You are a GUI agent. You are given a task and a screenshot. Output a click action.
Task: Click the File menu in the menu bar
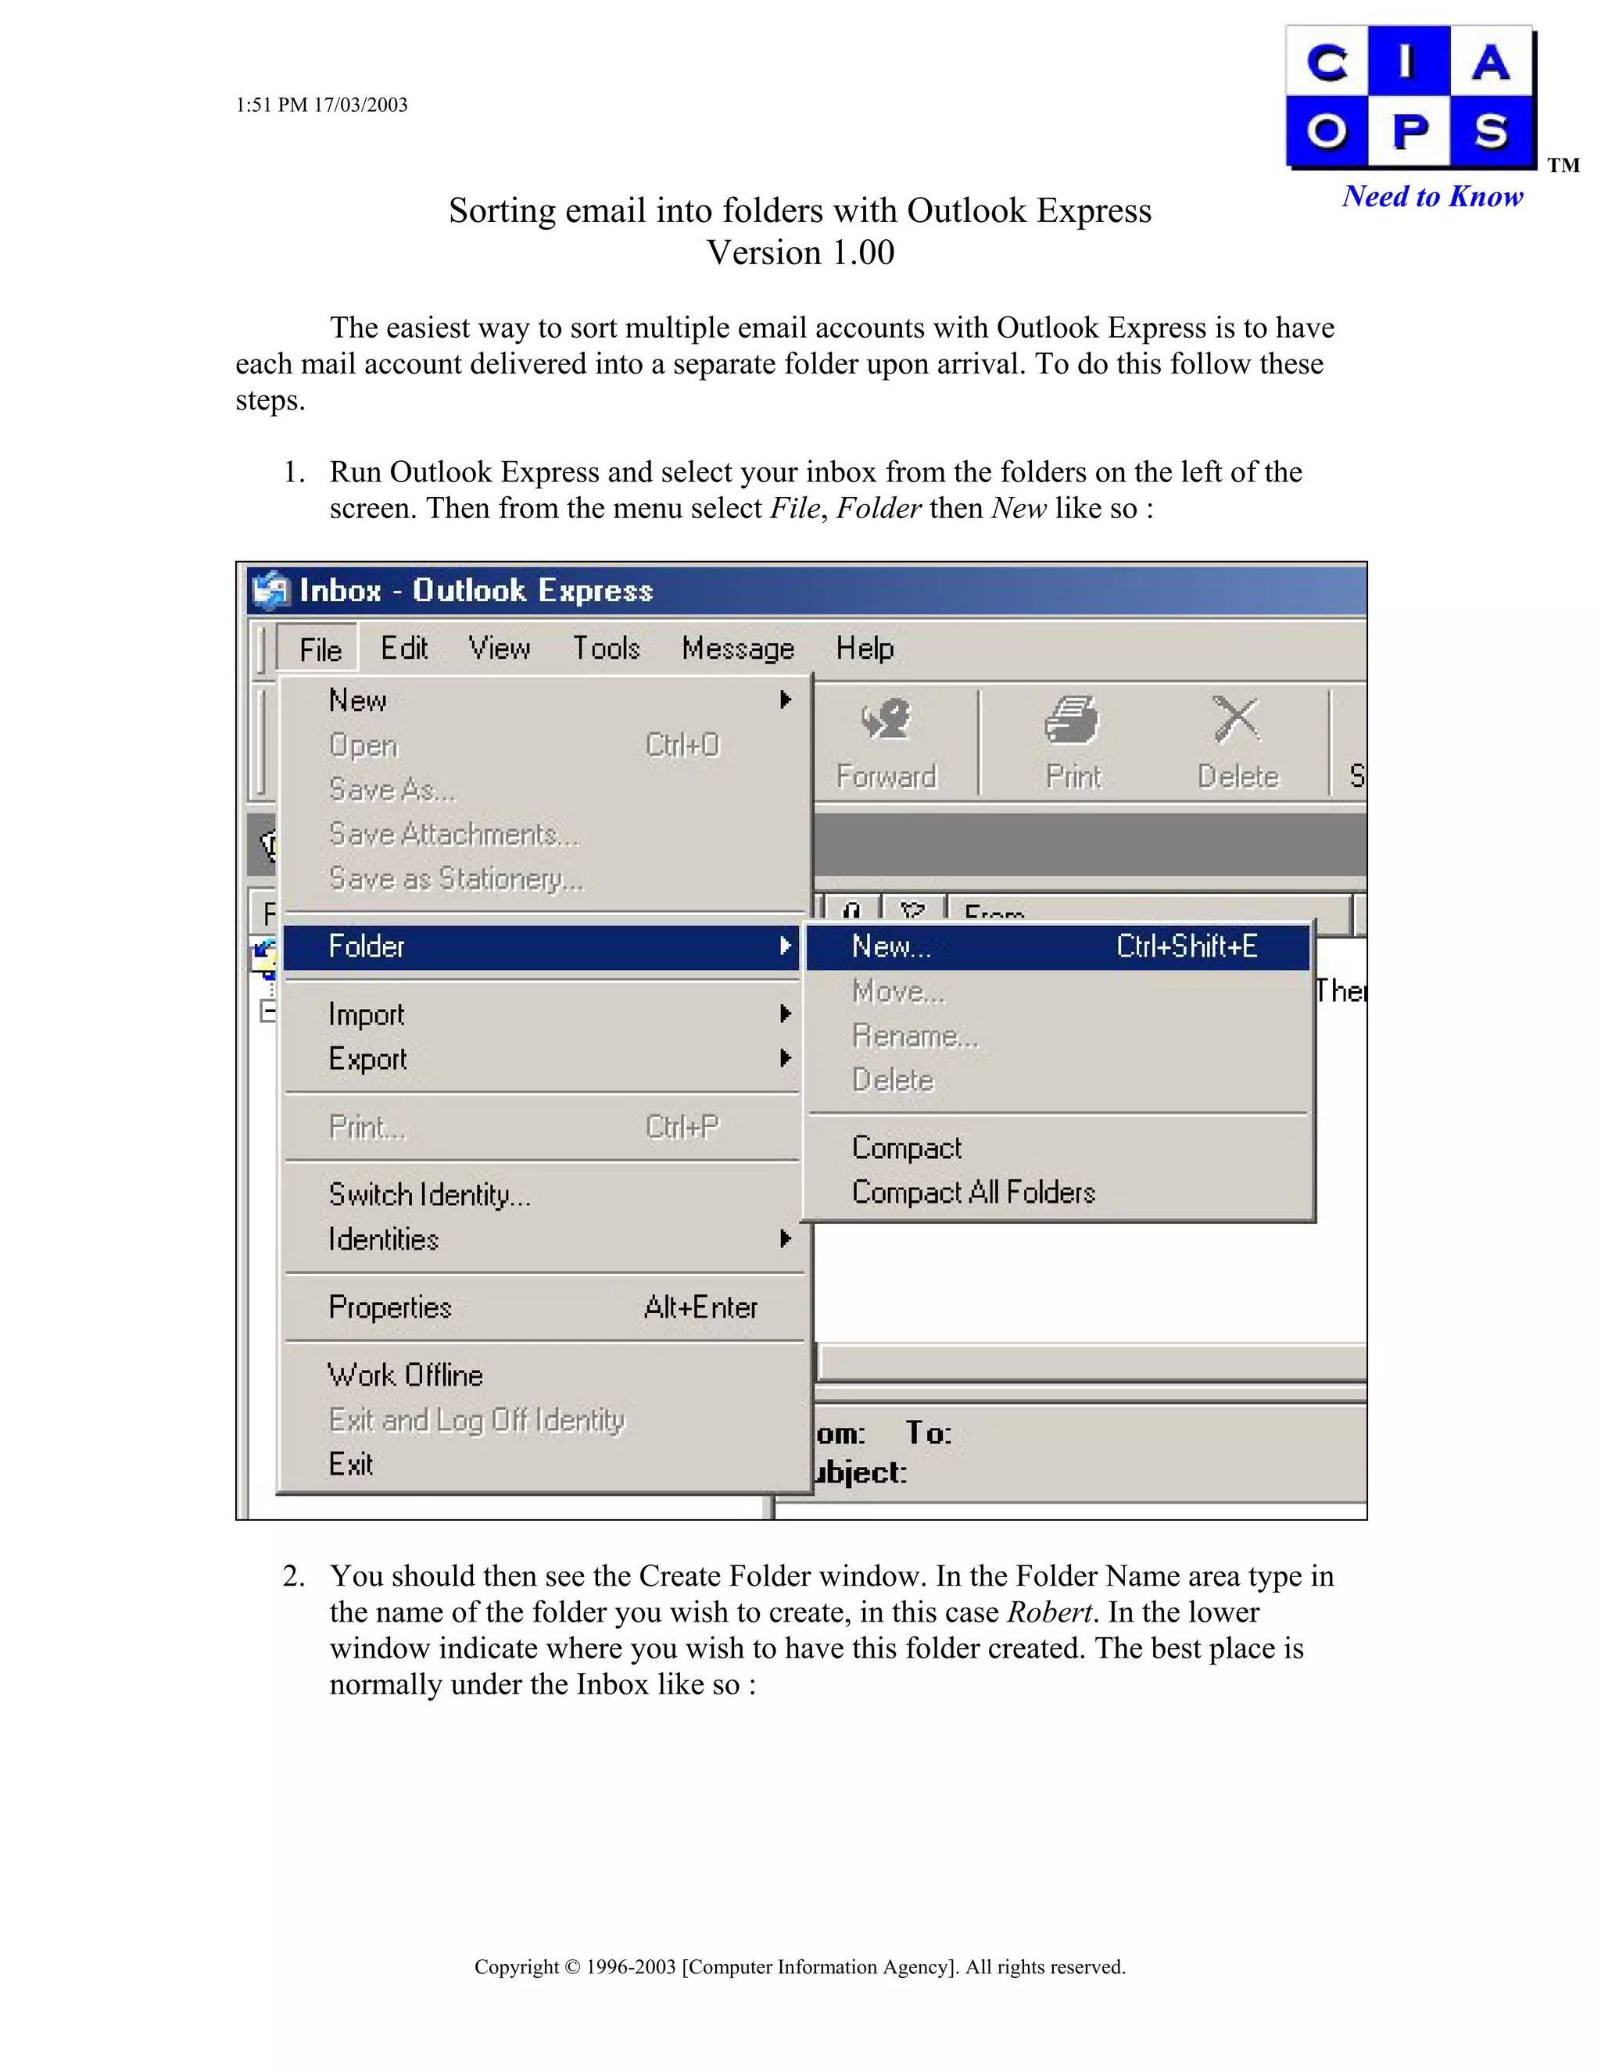[320, 649]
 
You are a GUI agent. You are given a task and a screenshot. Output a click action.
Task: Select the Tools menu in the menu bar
[606, 649]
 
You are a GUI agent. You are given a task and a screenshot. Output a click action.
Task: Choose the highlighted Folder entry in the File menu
[367, 946]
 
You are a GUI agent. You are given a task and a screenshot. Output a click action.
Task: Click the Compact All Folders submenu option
[973, 1192]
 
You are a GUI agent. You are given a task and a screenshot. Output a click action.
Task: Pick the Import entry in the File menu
[366, 1014]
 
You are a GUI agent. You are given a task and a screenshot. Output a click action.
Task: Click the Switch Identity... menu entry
[428, 1195]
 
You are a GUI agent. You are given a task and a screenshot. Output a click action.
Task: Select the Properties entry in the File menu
[390, 1307]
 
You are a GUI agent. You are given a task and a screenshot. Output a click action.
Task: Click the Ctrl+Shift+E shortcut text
[1186, 946]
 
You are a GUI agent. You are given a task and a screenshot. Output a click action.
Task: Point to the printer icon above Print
[1071, 721]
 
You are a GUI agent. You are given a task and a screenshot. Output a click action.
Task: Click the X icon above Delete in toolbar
[1236, 720]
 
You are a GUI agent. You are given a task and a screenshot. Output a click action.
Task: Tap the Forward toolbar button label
[885, 777]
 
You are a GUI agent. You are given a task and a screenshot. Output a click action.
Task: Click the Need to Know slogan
[1432, 196]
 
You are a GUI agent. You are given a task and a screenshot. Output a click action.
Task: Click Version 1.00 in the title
[800, 253]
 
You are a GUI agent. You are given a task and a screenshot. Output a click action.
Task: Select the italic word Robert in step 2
[1049, 1612]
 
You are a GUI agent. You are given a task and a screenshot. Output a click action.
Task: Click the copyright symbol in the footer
[571, 1967]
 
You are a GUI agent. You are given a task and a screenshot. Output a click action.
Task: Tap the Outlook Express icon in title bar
[270, 591]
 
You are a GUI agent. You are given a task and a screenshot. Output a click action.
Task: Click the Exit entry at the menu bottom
[350, 1464]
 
